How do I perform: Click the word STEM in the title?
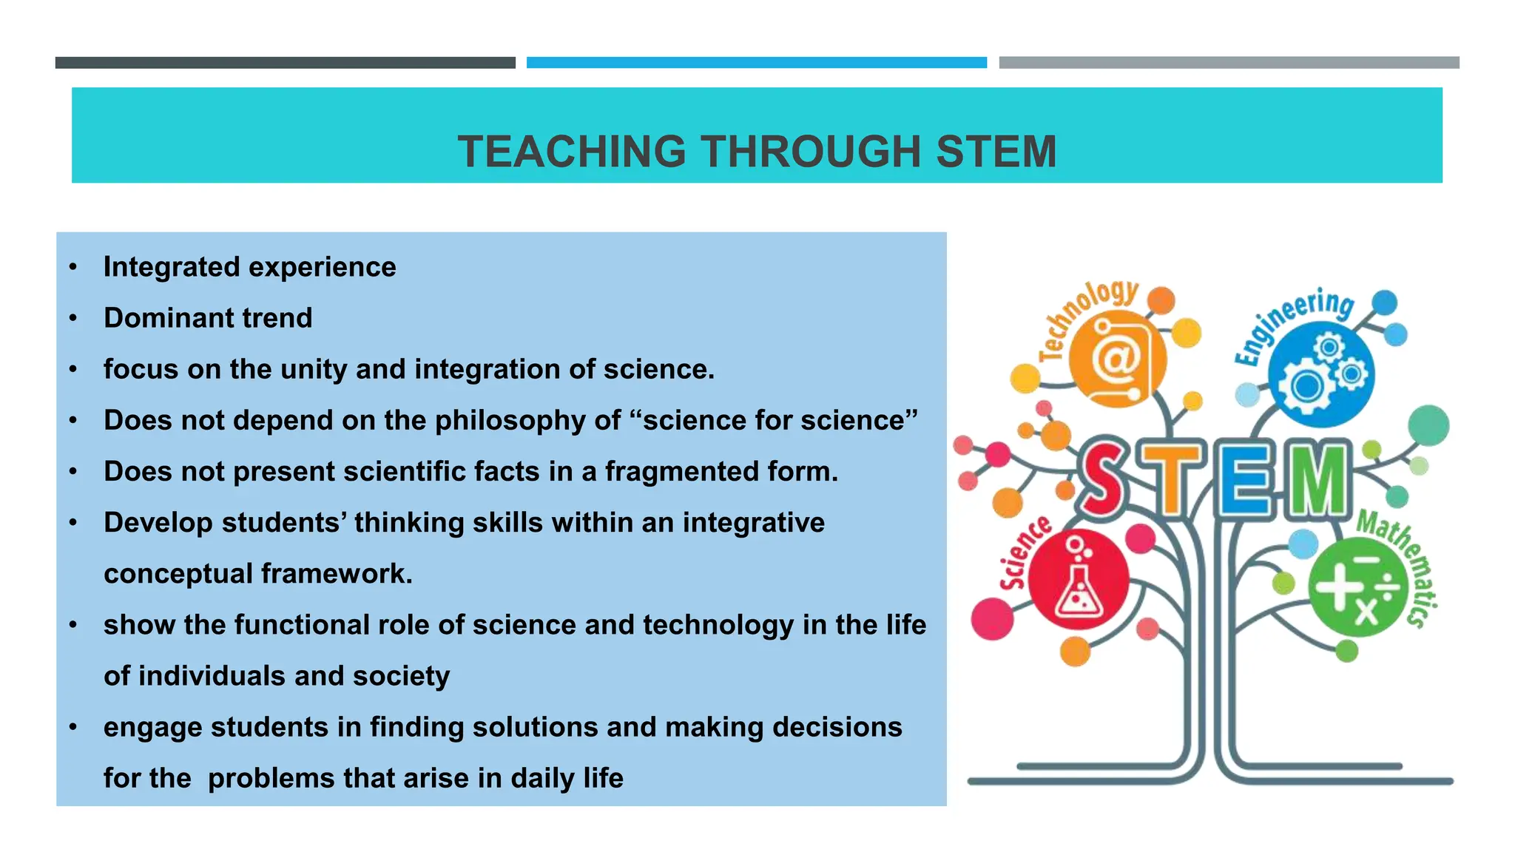996,152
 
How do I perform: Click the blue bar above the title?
756,63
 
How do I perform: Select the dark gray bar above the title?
285,63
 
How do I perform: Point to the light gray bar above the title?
1229,63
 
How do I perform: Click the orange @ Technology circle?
1118,359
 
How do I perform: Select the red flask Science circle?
1079,579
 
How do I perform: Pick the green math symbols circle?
1357,588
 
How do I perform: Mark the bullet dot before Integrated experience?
72,267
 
